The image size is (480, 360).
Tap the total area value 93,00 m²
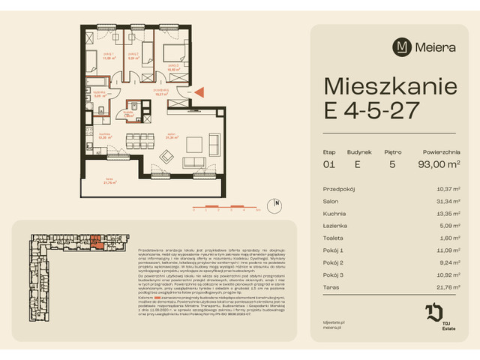(x=439, y=163)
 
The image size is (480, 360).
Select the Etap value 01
(x=328, y=163)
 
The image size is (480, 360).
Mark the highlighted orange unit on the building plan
(x=97, y=241)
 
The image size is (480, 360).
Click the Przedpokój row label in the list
(x=339, y=189)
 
